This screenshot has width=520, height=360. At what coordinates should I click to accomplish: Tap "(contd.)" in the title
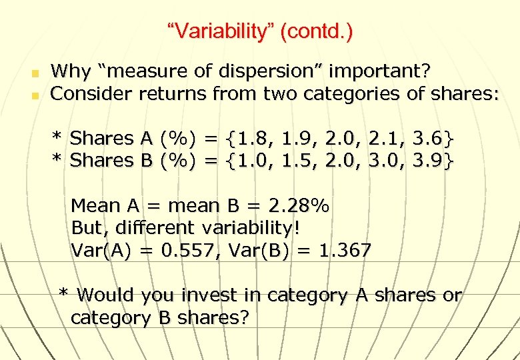click(317, 31)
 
